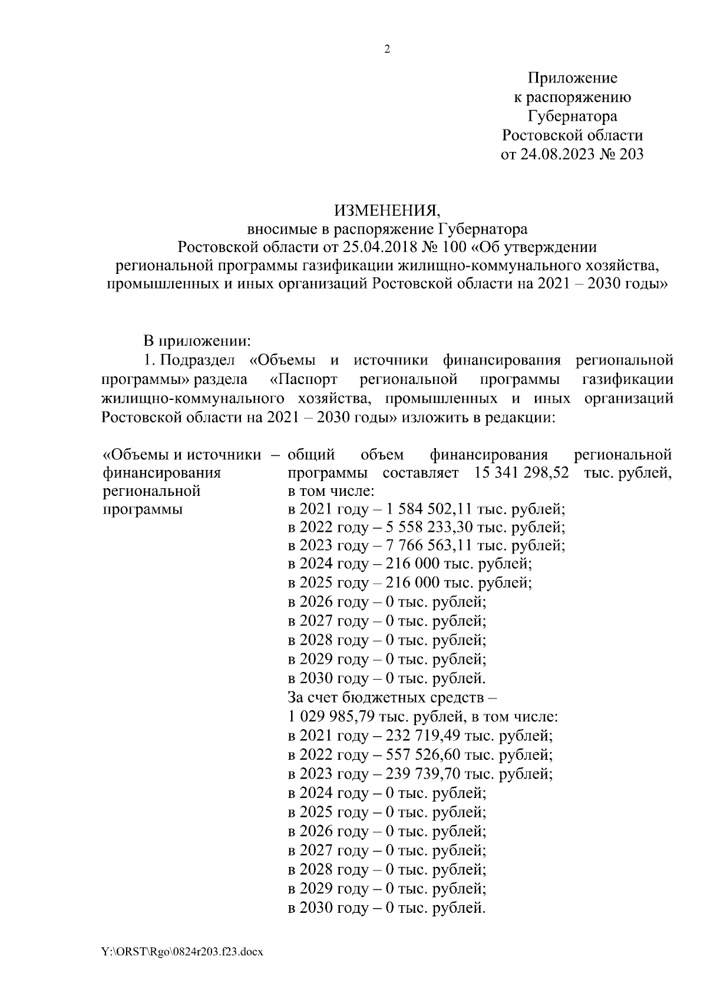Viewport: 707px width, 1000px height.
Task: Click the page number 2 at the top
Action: pos(387,49)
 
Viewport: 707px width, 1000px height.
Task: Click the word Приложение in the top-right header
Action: pos(572,78)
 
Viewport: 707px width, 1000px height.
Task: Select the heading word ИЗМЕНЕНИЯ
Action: pos(386,210)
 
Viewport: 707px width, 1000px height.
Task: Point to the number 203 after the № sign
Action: pos(630,154)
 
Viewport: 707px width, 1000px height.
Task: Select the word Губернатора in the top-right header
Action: pos(572,116)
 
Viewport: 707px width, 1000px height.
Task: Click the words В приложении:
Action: pos(198,341)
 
